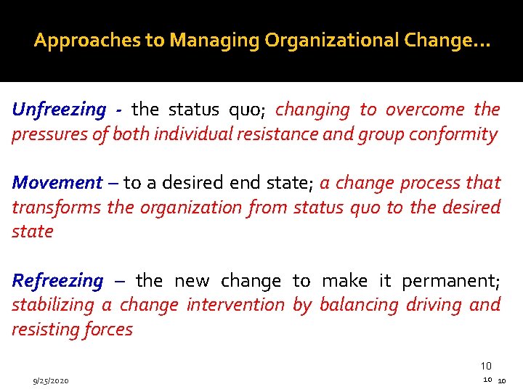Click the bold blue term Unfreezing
(59, 110)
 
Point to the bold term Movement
(57, 183)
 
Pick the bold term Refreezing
(58, 281)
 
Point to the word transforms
(56, 208)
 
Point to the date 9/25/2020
(51, 380)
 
